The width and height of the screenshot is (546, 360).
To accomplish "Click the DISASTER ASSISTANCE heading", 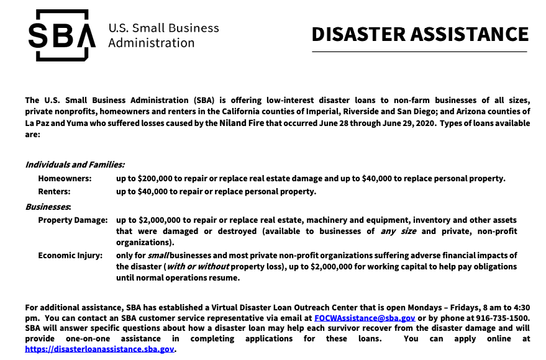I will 420,34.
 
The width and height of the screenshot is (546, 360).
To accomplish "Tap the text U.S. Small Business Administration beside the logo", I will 163,35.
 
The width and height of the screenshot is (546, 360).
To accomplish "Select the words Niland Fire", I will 243,123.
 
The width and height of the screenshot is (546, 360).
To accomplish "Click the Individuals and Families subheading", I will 75,164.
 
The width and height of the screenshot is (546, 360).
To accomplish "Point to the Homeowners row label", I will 65,178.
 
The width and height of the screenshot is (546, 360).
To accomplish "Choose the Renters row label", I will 54,191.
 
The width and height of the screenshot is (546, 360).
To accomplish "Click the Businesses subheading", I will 48,205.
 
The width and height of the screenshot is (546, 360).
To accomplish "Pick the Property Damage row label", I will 73,220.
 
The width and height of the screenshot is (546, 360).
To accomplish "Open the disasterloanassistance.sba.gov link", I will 100,349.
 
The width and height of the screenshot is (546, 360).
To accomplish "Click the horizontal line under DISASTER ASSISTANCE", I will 420,52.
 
